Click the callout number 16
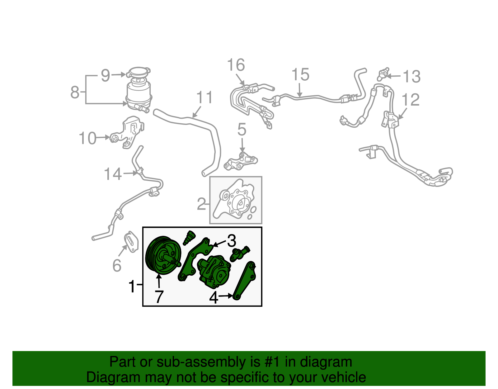click(236, 65)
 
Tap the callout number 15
click(300, 75)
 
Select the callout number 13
click(411, 77)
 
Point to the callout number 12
click(411, 100)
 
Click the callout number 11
click(204, 97)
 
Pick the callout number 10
click(87, 138)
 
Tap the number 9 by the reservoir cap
click(106, 75)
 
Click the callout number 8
click(75, 92)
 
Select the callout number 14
click(113, 174)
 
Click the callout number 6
click(117, 266)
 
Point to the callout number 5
click(242, 130)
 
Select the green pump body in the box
click(214, 270)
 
